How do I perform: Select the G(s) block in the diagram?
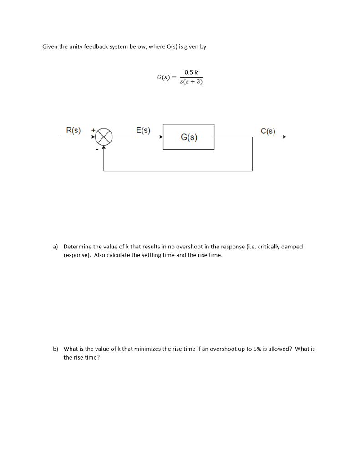pyautogui.click(x=189, y=137)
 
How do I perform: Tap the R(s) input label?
pyautogui.click(x=73, y=130)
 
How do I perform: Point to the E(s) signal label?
pyautogui.click(x=143, y=130)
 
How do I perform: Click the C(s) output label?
pyautogui.click(x=268, y=132)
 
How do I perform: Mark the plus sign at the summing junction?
pyautogui.click(x=93, y=130)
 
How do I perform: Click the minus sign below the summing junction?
pyautogui.click(x=96, y=147)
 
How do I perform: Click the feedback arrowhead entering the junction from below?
pyautogui.click(x=104, y=147)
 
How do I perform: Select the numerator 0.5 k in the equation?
pyautogui.click(x=192, y=72)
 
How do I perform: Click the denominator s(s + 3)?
pyautogui.click(x=192, y=82)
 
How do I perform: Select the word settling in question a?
pyautogui.click(x=152, y=255)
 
